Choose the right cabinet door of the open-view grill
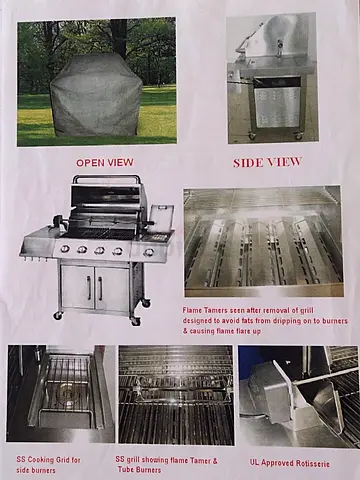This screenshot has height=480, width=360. click(113, 288)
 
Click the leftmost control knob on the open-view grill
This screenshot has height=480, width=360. click(65, 249)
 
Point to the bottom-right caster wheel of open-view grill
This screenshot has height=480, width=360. click(136, 320)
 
